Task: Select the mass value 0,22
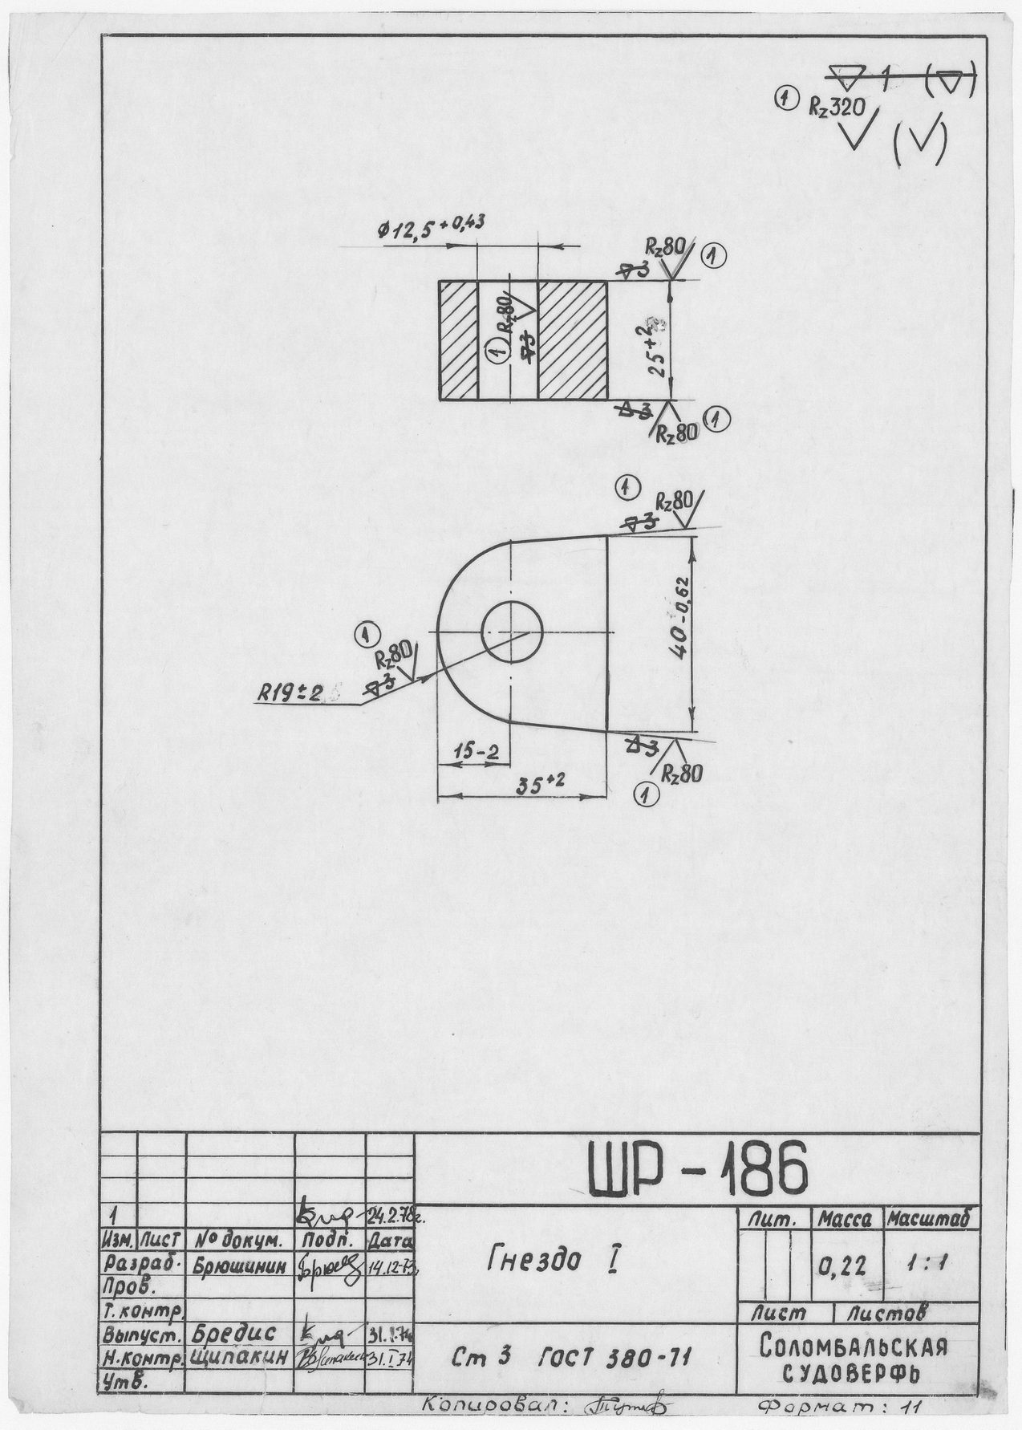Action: click(842, 1266)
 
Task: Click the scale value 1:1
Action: click(931, 1264)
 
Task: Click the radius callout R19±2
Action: click(290, 692)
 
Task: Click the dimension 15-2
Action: click(475, 752)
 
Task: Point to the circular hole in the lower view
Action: click(512, 632)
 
